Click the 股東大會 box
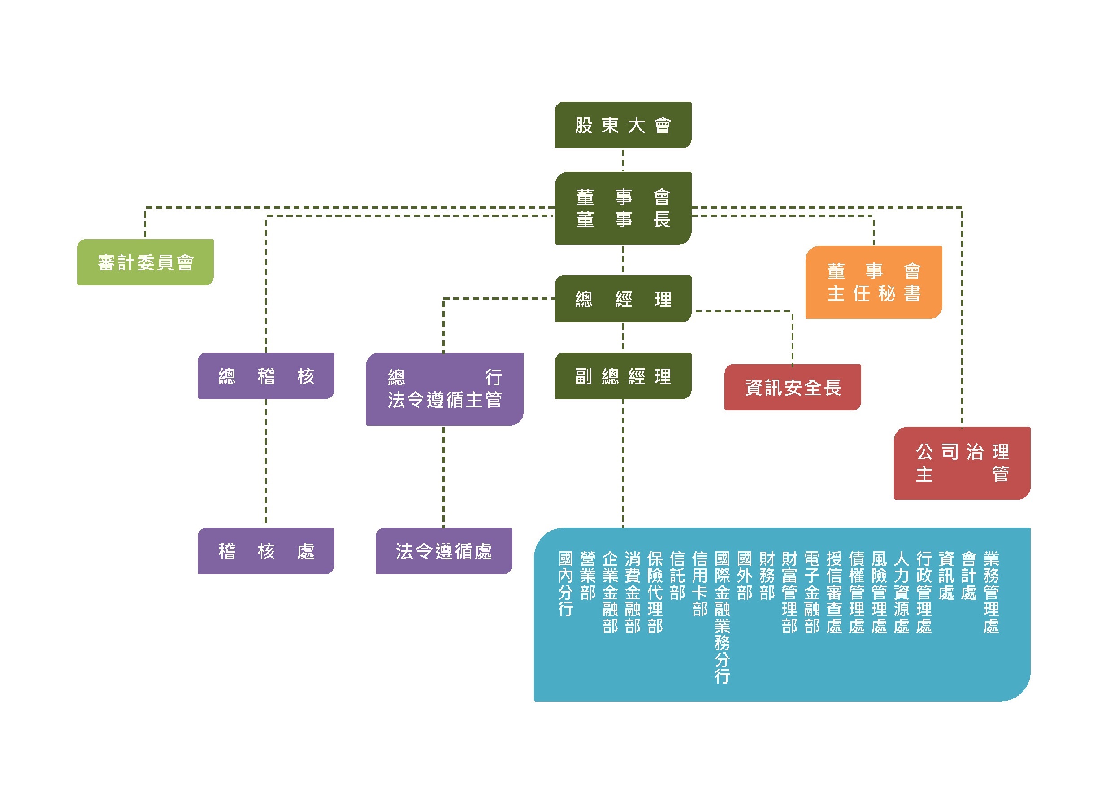[623, 125]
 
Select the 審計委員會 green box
[145, 262]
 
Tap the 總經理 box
[623, 298]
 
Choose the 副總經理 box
[623, 375]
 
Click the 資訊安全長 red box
[792, 387]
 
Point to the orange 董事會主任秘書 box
[874, 282]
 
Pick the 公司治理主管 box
[962, 462]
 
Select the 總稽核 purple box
[266, 375]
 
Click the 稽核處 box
[266, 550]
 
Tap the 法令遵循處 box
[444, 550]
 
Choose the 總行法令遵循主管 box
[444, 388]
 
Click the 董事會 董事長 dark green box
[623, 208]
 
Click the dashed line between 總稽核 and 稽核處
[266, 462]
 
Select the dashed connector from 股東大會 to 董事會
[623, 160]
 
